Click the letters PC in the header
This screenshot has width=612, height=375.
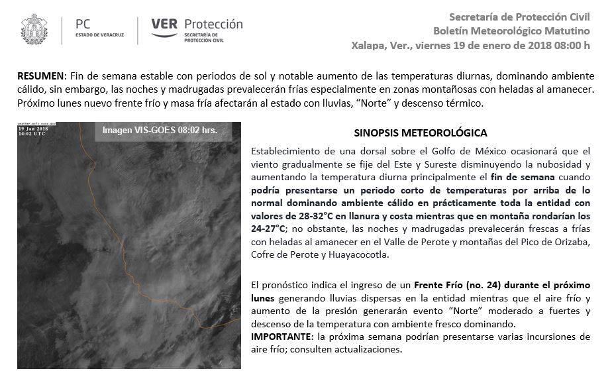tap(85, 24)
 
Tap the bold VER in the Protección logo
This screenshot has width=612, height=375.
tap(164, 25)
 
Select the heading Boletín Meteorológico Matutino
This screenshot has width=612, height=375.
tap(511, 30)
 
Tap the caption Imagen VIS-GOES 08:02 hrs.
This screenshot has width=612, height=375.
tap(159, 130)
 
